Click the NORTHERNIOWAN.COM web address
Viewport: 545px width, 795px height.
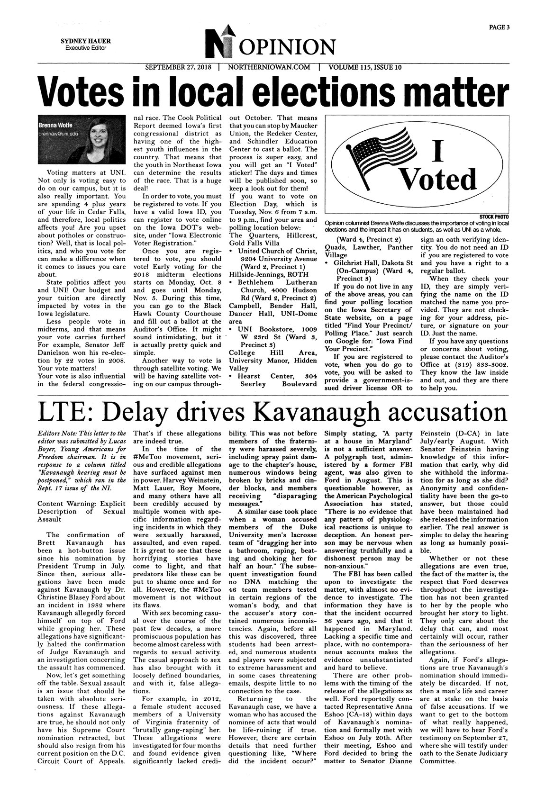coord(269,67)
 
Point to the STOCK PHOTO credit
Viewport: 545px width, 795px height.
coord(495,217)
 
